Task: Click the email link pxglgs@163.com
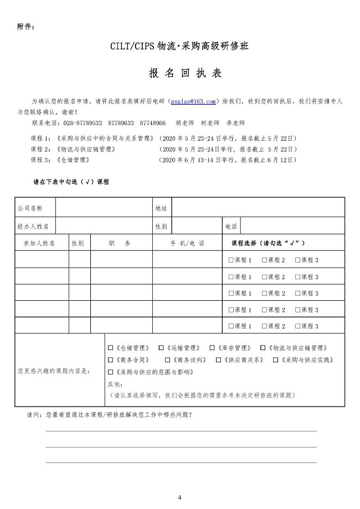pyautogui.click(x=193, y=101)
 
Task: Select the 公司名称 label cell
pyautogui.click(x=30, y=208)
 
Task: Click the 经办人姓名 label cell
pyautogui.click(x=33, y=226)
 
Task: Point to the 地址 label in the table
pyautogui.click(x=161, y=208)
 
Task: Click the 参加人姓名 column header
pyautogui.click(x=39, y=243)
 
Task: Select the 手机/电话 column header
pyautogui.click(x=187, y=243)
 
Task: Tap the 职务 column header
pyautogui.click(x=120, y=243)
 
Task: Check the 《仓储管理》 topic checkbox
pyautogui.click(x=110, y=348)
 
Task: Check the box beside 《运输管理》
pyautogui.click(x=161, y=348)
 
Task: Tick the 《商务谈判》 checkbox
pyautogui.click(x=161, y=359)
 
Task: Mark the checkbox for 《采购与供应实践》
pyautogui.click(x=275, y=359)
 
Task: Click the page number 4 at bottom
pyautogui.click(x=179, y=497)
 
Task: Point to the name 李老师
pyautogui.click(x=236, y=123)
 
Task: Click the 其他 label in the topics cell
pyautogui.click(x=115, y=384)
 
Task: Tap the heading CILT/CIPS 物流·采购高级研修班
pyautogui.click(x=179, y=47)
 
